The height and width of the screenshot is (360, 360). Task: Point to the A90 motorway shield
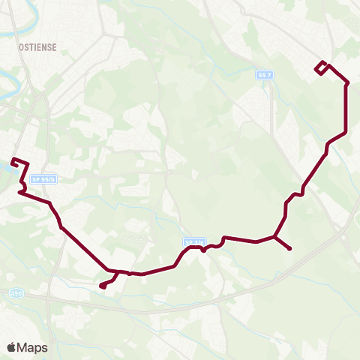(16, 293)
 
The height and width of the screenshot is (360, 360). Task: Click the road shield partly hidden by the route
(193, 242)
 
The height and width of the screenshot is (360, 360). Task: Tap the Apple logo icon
(11, 347)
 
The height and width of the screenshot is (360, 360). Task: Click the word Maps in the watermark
(33, 347)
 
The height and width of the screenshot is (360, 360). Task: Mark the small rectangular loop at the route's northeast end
(321, 67)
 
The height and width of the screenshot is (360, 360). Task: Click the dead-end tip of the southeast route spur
(289, 249)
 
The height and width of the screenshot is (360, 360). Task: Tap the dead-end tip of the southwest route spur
(101, 286)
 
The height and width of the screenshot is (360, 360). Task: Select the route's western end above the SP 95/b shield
(13, 160)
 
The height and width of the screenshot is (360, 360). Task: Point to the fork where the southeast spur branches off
(275, 238)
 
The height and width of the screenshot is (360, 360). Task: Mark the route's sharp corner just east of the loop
(346, 83)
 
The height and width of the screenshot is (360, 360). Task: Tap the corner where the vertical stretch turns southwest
(345, 133)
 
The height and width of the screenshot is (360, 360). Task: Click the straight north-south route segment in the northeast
(346, 109)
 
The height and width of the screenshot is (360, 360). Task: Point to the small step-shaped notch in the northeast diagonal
(295, 194)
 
